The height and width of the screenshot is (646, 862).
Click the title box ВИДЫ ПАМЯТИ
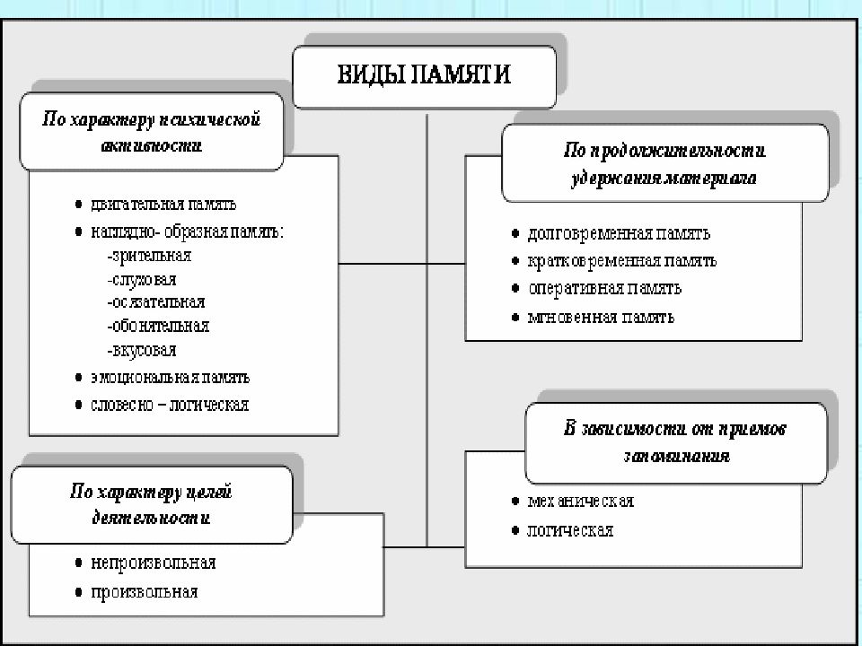pos(424,75)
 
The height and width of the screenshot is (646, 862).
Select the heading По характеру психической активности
pos(152,131)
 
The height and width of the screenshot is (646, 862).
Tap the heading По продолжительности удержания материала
pos(664,163)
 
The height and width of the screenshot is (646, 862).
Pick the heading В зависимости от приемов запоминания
pos(675,442)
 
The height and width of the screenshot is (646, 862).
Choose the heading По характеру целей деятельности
pos(152,504)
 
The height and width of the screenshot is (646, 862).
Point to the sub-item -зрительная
pos(148,256)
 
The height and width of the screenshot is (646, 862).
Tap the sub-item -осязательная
pos(154,302)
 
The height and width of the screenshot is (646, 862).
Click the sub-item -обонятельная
pos(157,326)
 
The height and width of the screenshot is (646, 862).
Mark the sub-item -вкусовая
pos(141,350)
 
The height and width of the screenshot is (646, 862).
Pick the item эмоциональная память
pos(170,377)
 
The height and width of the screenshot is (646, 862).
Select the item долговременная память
pos(619,233)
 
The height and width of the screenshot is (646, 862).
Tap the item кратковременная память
pos(622,261)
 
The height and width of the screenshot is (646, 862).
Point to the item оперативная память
pos(604,288)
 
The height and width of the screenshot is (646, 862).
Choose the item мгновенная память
pos(601,317)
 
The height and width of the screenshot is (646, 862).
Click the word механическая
pos(581,501)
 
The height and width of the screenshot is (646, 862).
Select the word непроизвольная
pos(153,563)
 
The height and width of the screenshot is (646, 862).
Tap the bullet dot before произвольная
pos(79,592)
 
